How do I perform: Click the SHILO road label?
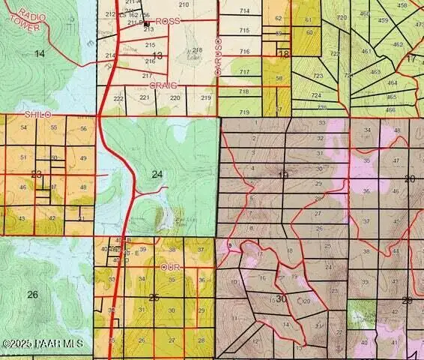point(37,114)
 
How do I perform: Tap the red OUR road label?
point(171,267)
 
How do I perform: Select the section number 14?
point(40,53)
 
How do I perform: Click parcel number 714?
point(244,11)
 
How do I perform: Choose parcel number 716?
point(244,51)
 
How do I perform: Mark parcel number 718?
point(243,91)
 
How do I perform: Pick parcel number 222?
point(118,98)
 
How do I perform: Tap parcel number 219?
point(205,98)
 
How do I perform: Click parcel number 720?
point(342,17)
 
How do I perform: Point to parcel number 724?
point(316,95)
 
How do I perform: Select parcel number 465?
point(391,97)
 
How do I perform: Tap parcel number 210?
point(184,5)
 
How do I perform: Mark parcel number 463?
point(375,71)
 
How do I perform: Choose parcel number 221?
point(145,98)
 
